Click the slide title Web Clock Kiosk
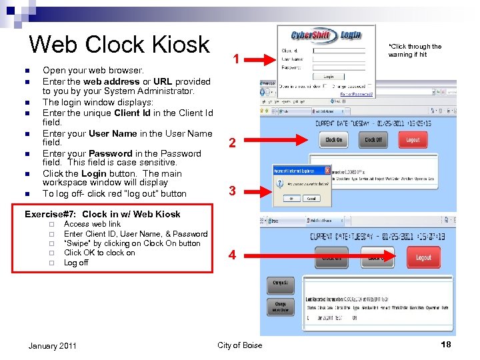tap(119, 45)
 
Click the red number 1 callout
tap(237, 60)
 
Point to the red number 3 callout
tap(232, 191)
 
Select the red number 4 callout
tap(232, 255)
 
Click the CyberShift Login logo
tap(325, 35)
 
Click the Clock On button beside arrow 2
tap(333, 140)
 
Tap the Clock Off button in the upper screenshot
tap(373, 140)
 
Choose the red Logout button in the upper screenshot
tap(413, 140)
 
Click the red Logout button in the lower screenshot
tap(423, 257)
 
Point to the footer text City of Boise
tap(240, 345)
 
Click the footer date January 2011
tap(53, 345)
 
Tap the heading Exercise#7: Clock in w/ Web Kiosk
tap(102, 214)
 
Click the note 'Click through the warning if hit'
tap(415, 51)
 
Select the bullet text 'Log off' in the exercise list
tap(76, 263)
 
